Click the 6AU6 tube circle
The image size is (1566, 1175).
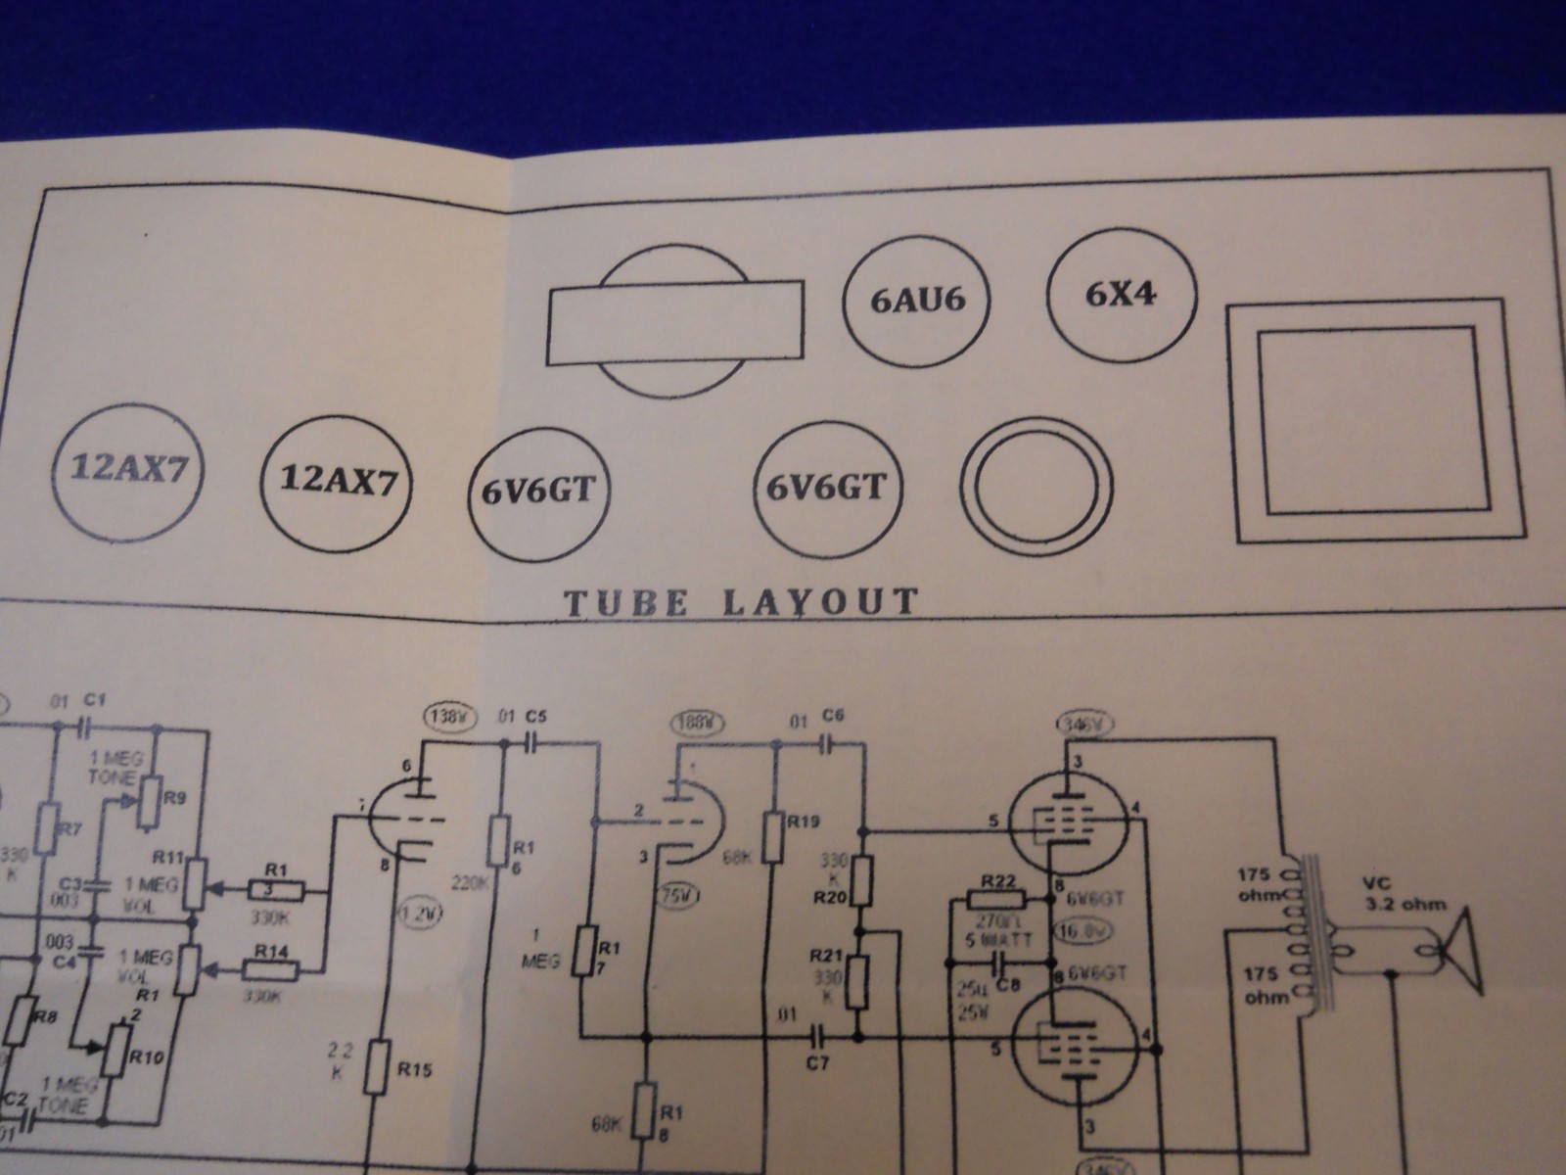pos(918,300)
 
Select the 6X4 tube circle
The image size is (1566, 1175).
pos(1122,294)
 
